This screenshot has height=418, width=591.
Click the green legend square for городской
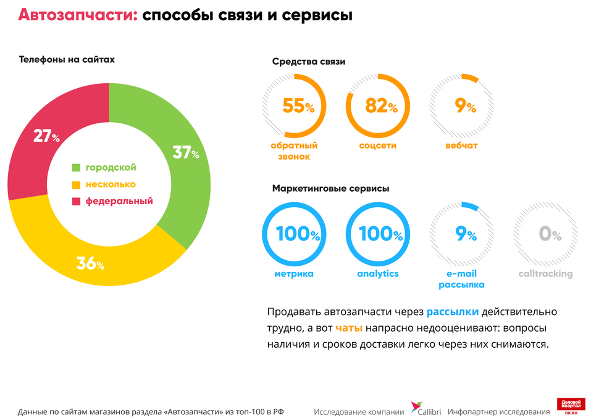77,168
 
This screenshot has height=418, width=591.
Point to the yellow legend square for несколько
77,184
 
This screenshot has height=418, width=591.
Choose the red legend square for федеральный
77,201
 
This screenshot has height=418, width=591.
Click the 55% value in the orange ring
298,106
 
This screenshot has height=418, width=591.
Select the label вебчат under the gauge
461,146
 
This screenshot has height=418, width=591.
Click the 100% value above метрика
298,234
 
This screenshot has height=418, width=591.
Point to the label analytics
377,274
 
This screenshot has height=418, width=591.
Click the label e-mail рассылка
461,279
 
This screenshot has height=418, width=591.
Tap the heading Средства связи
308,62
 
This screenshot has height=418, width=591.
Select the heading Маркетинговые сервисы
330,189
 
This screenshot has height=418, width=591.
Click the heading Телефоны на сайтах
67,60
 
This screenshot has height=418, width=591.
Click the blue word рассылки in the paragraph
452,311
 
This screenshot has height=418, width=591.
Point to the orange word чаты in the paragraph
348,327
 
